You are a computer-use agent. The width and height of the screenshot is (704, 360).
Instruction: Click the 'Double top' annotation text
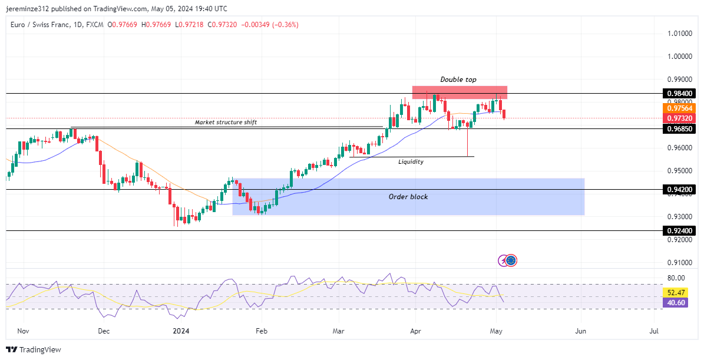(x=458, y=80)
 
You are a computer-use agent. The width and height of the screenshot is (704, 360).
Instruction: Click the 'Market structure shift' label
(x=226, y=123)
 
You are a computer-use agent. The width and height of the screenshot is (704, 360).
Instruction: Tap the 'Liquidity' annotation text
(x=411, y=161)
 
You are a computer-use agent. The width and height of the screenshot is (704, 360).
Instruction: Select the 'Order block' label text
(x=408, y=197)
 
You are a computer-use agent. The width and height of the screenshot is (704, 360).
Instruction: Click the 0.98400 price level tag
(x=680, y=94)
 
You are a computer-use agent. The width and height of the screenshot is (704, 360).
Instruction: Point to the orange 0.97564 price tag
(x=680, y=108)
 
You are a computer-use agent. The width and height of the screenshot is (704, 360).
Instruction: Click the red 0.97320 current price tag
(x=680, y=118)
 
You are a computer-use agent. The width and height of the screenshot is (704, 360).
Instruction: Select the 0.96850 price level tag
(x=680, y=128)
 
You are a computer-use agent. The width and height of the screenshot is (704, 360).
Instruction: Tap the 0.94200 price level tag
(x=680, y=190)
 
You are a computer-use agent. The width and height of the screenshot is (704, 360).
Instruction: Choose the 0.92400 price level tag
(x=680, y=231)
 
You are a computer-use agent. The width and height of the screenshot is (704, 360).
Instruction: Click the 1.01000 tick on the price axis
(x=680, y=34)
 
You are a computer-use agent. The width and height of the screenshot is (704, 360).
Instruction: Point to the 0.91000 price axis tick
(x=680, y=263)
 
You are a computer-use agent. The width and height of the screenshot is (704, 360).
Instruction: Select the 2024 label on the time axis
(x=181, y=332)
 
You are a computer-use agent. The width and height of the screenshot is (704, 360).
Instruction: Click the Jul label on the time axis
(x=654, y=332)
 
